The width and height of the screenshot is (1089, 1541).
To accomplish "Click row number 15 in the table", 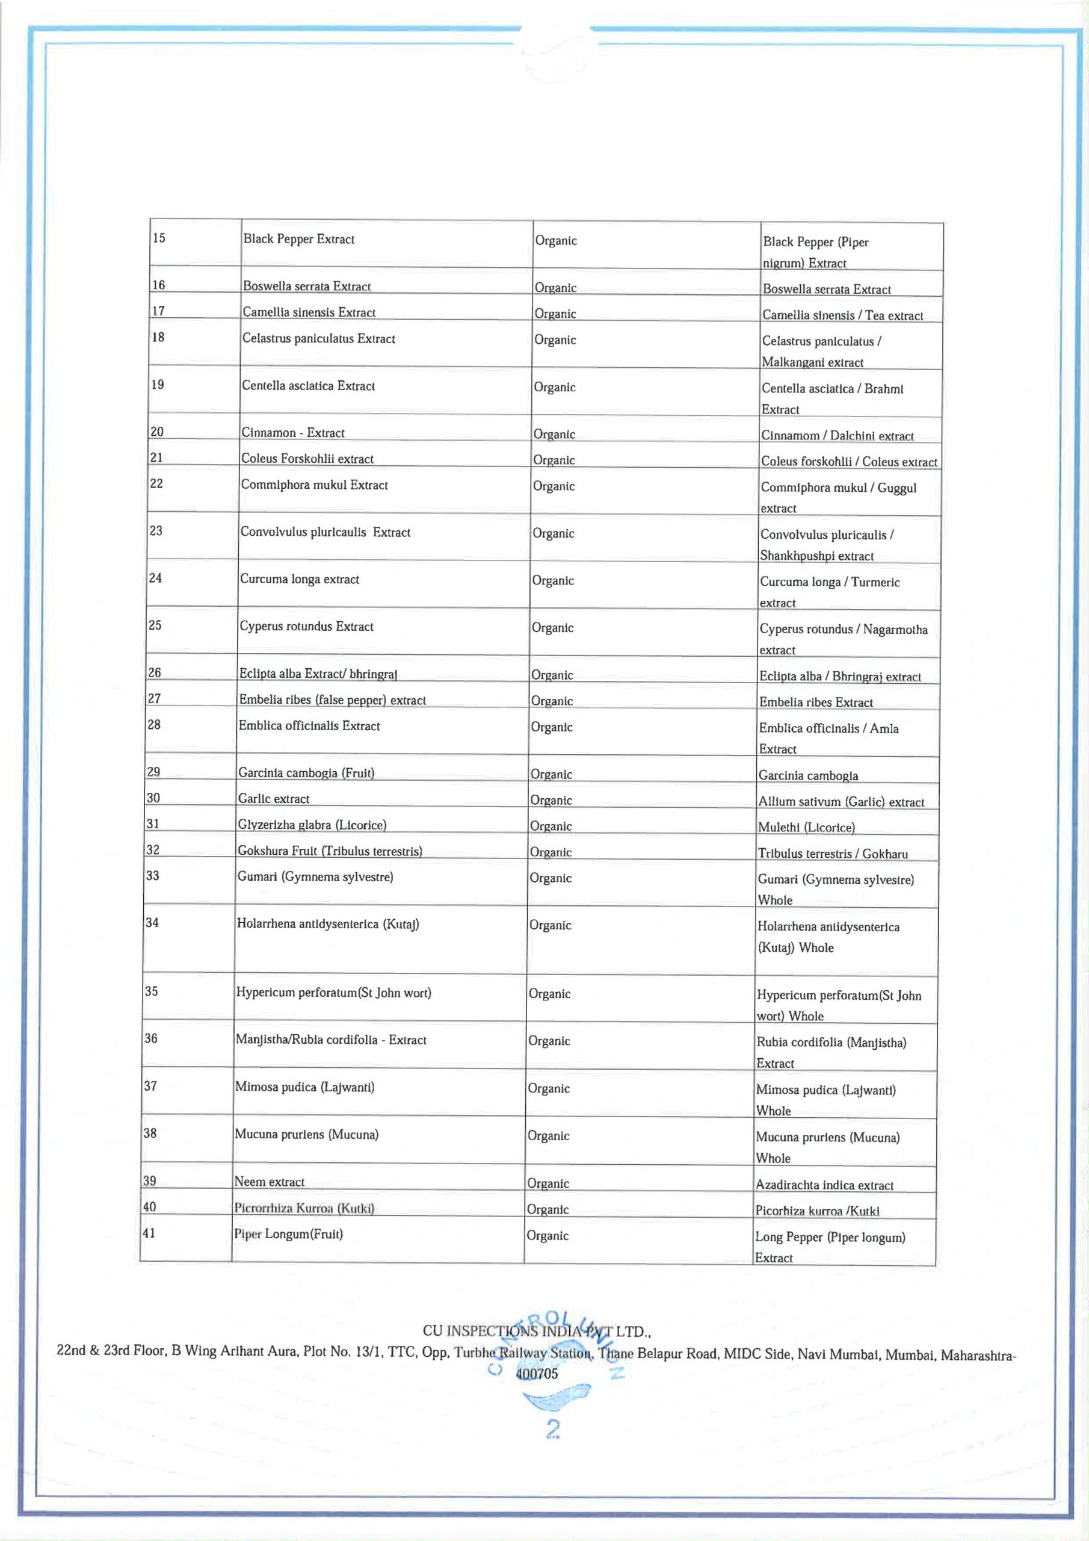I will point(159,238).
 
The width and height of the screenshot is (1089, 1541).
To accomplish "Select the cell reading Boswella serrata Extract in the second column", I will point(307,286).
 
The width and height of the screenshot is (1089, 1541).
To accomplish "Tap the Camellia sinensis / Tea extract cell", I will point(842,315).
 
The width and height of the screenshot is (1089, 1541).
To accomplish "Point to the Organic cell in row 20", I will point(554,433).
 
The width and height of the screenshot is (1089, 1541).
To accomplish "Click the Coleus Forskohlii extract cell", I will point(307,459).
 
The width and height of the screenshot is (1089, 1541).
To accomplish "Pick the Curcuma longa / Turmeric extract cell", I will point(829,591).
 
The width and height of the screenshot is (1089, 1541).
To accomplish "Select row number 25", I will point(155,625).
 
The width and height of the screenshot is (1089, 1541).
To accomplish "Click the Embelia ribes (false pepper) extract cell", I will point(332,699).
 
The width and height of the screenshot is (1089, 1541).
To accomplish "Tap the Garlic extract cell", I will point(274,798).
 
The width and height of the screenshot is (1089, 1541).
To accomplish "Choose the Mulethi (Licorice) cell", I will point(806,827).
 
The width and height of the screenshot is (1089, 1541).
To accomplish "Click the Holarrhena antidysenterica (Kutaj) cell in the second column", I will point(327,923).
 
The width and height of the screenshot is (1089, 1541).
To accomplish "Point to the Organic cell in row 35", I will point(549,993).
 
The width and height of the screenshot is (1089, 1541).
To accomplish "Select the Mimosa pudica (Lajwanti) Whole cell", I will point(825,1099).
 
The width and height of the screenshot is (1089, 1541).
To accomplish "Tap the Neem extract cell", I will point(269,1181).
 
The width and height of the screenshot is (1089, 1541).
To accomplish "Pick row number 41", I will point(149,1232).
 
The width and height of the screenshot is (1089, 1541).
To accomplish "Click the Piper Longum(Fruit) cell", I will point(289,1233).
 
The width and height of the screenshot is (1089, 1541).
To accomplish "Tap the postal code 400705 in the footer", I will point(537,1374).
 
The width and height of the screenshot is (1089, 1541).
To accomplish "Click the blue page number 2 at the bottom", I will point(553,1430).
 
